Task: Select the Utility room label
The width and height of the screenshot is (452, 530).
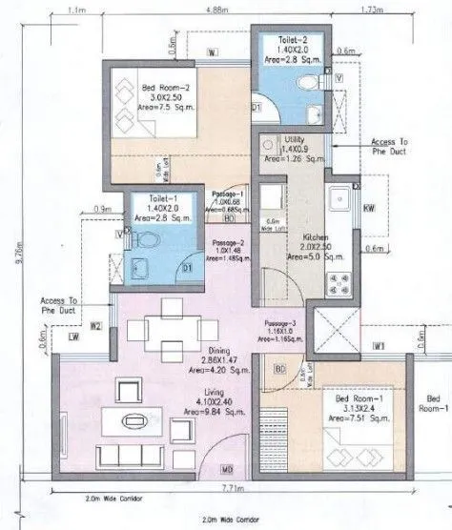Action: pos(295,140)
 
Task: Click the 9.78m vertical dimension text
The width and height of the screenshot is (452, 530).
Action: pos(10,255)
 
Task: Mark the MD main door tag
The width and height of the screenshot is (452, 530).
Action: pos(228,469)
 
